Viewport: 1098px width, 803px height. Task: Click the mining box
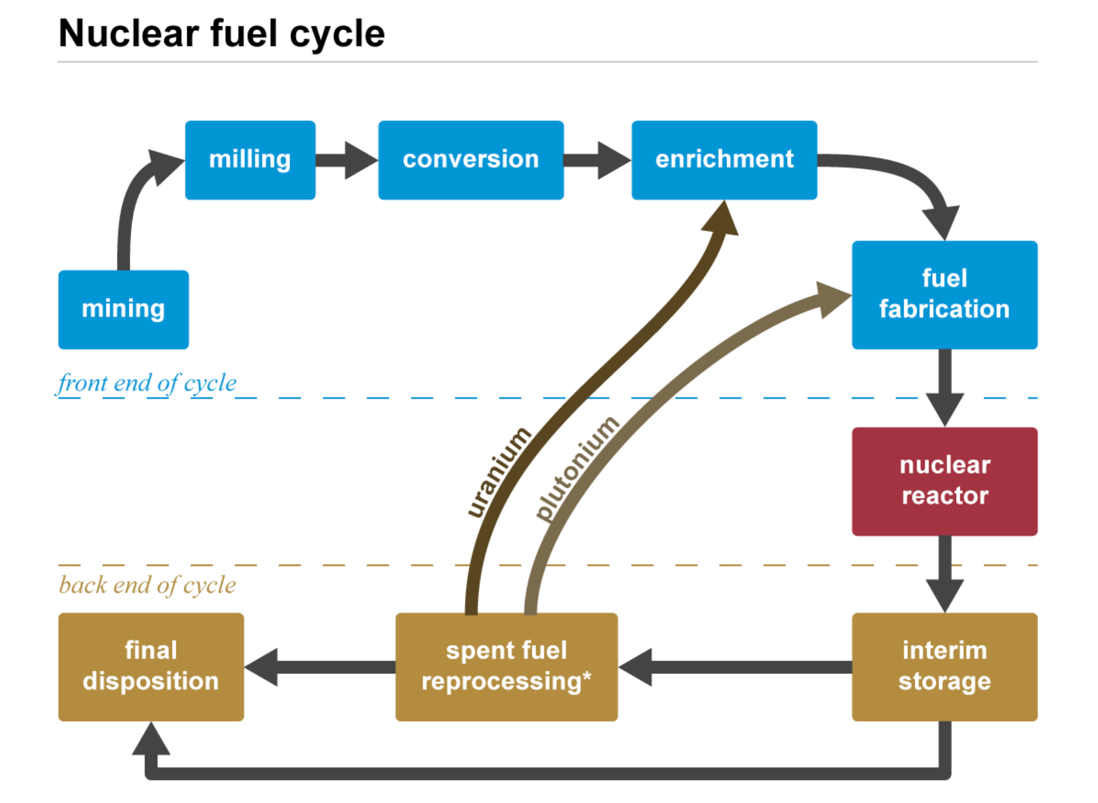pos(123,310)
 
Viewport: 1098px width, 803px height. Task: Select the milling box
pos(250,160)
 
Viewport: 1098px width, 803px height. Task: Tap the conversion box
pos(471,160)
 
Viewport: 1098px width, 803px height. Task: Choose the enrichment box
pos(724,160)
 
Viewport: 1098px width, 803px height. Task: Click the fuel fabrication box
pos(944,295)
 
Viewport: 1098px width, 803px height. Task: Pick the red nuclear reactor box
pos(944,481)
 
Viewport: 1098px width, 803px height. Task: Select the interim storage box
pos(944,666)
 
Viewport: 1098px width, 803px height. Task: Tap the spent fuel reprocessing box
pos(506,666)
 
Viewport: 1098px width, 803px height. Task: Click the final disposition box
pos(151,666)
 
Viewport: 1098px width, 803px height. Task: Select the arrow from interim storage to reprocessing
pos(734,667)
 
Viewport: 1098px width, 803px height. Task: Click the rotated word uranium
pos(498,472)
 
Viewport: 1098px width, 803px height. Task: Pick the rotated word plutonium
pos(576,469)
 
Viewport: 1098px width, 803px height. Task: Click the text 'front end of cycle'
pos(147,383)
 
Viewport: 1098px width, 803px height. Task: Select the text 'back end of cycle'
pos(147,585)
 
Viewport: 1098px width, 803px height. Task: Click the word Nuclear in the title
pos(129,33)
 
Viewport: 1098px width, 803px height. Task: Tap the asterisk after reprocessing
pos(587,677)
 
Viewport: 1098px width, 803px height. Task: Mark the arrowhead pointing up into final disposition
pos(151,738)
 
